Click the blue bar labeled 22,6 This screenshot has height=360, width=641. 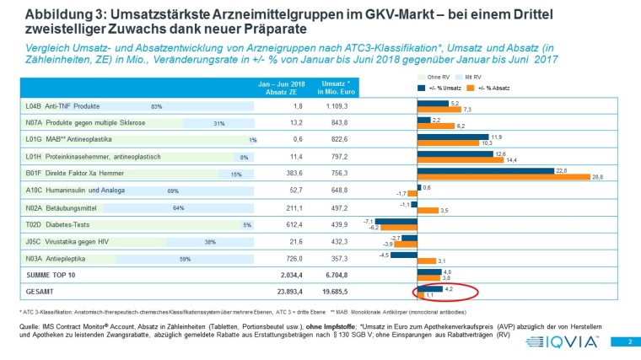point(460,169)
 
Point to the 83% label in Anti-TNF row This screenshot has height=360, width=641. point(156,107)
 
